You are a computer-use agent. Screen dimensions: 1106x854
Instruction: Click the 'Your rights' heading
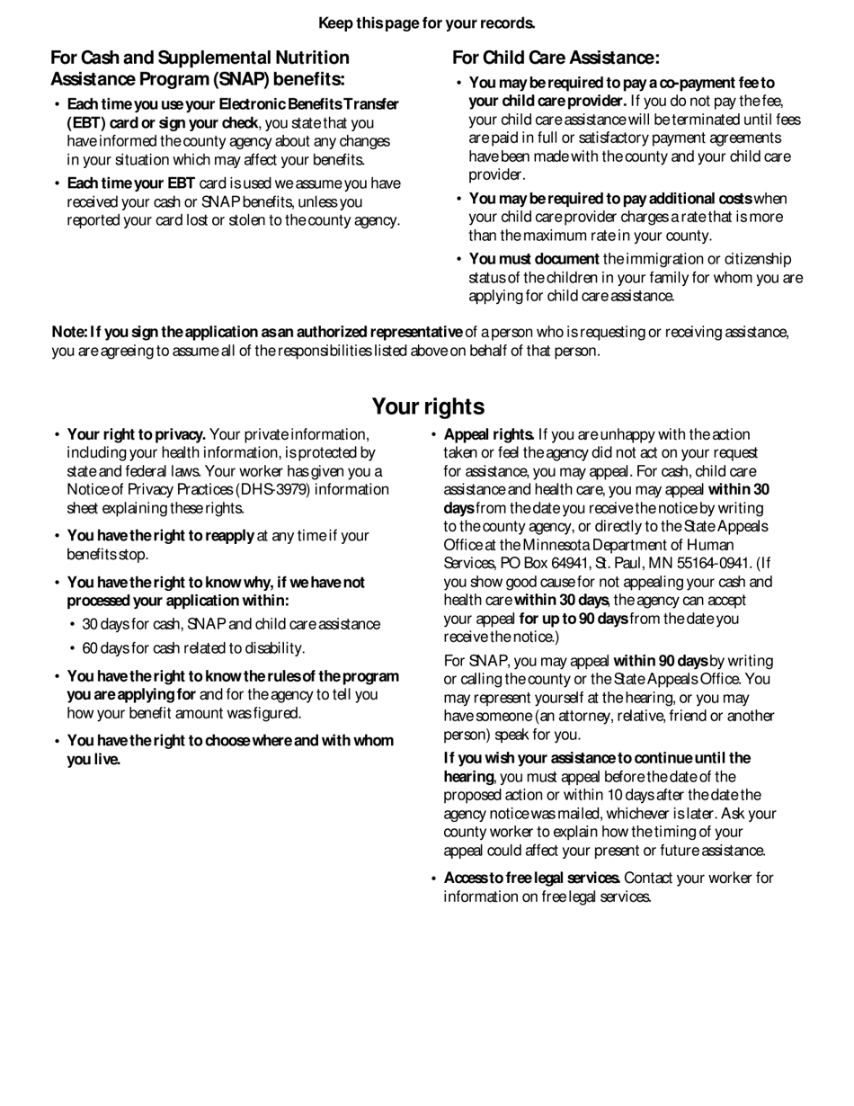(428, 406)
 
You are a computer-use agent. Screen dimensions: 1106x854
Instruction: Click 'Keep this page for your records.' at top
(427, 23)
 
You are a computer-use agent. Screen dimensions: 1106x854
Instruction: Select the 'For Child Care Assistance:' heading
(556, 58)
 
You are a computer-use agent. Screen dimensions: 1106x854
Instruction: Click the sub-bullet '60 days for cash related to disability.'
(193, 647)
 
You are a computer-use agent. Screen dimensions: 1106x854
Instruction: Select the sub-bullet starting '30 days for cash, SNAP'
(231, 624)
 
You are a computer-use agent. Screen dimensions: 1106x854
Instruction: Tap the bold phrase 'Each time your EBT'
(131, 183)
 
